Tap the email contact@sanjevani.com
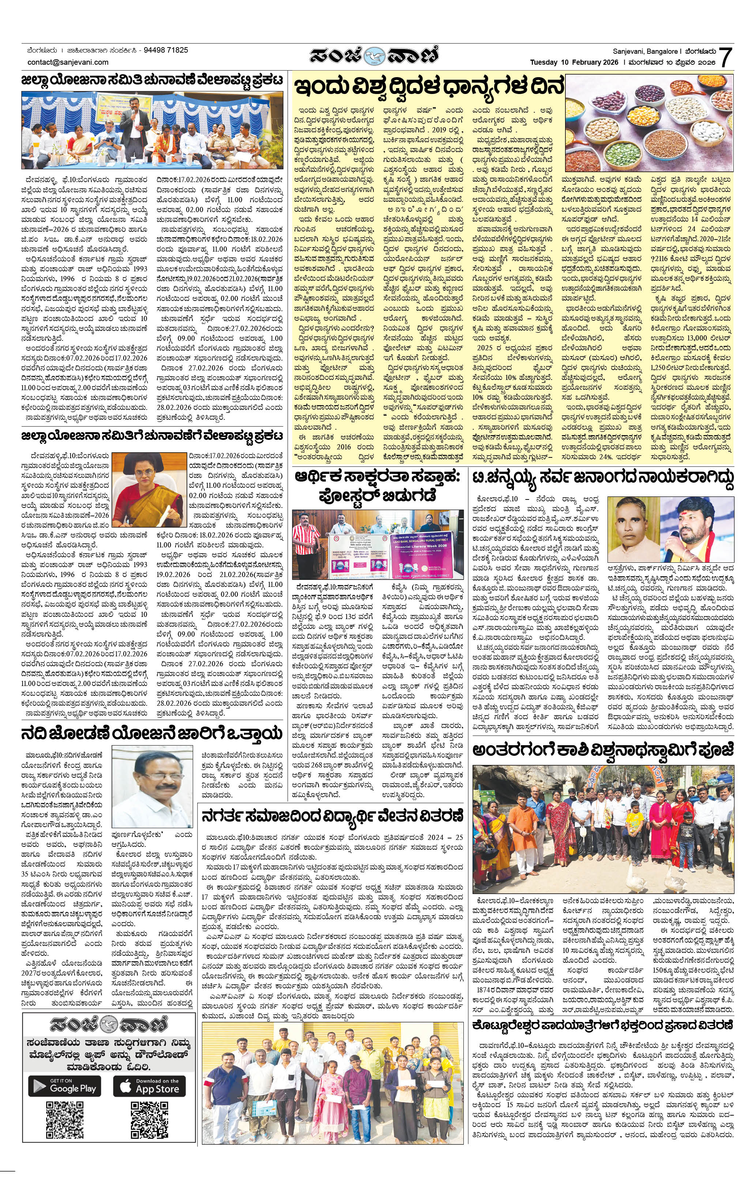68,62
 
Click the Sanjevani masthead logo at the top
374,55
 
